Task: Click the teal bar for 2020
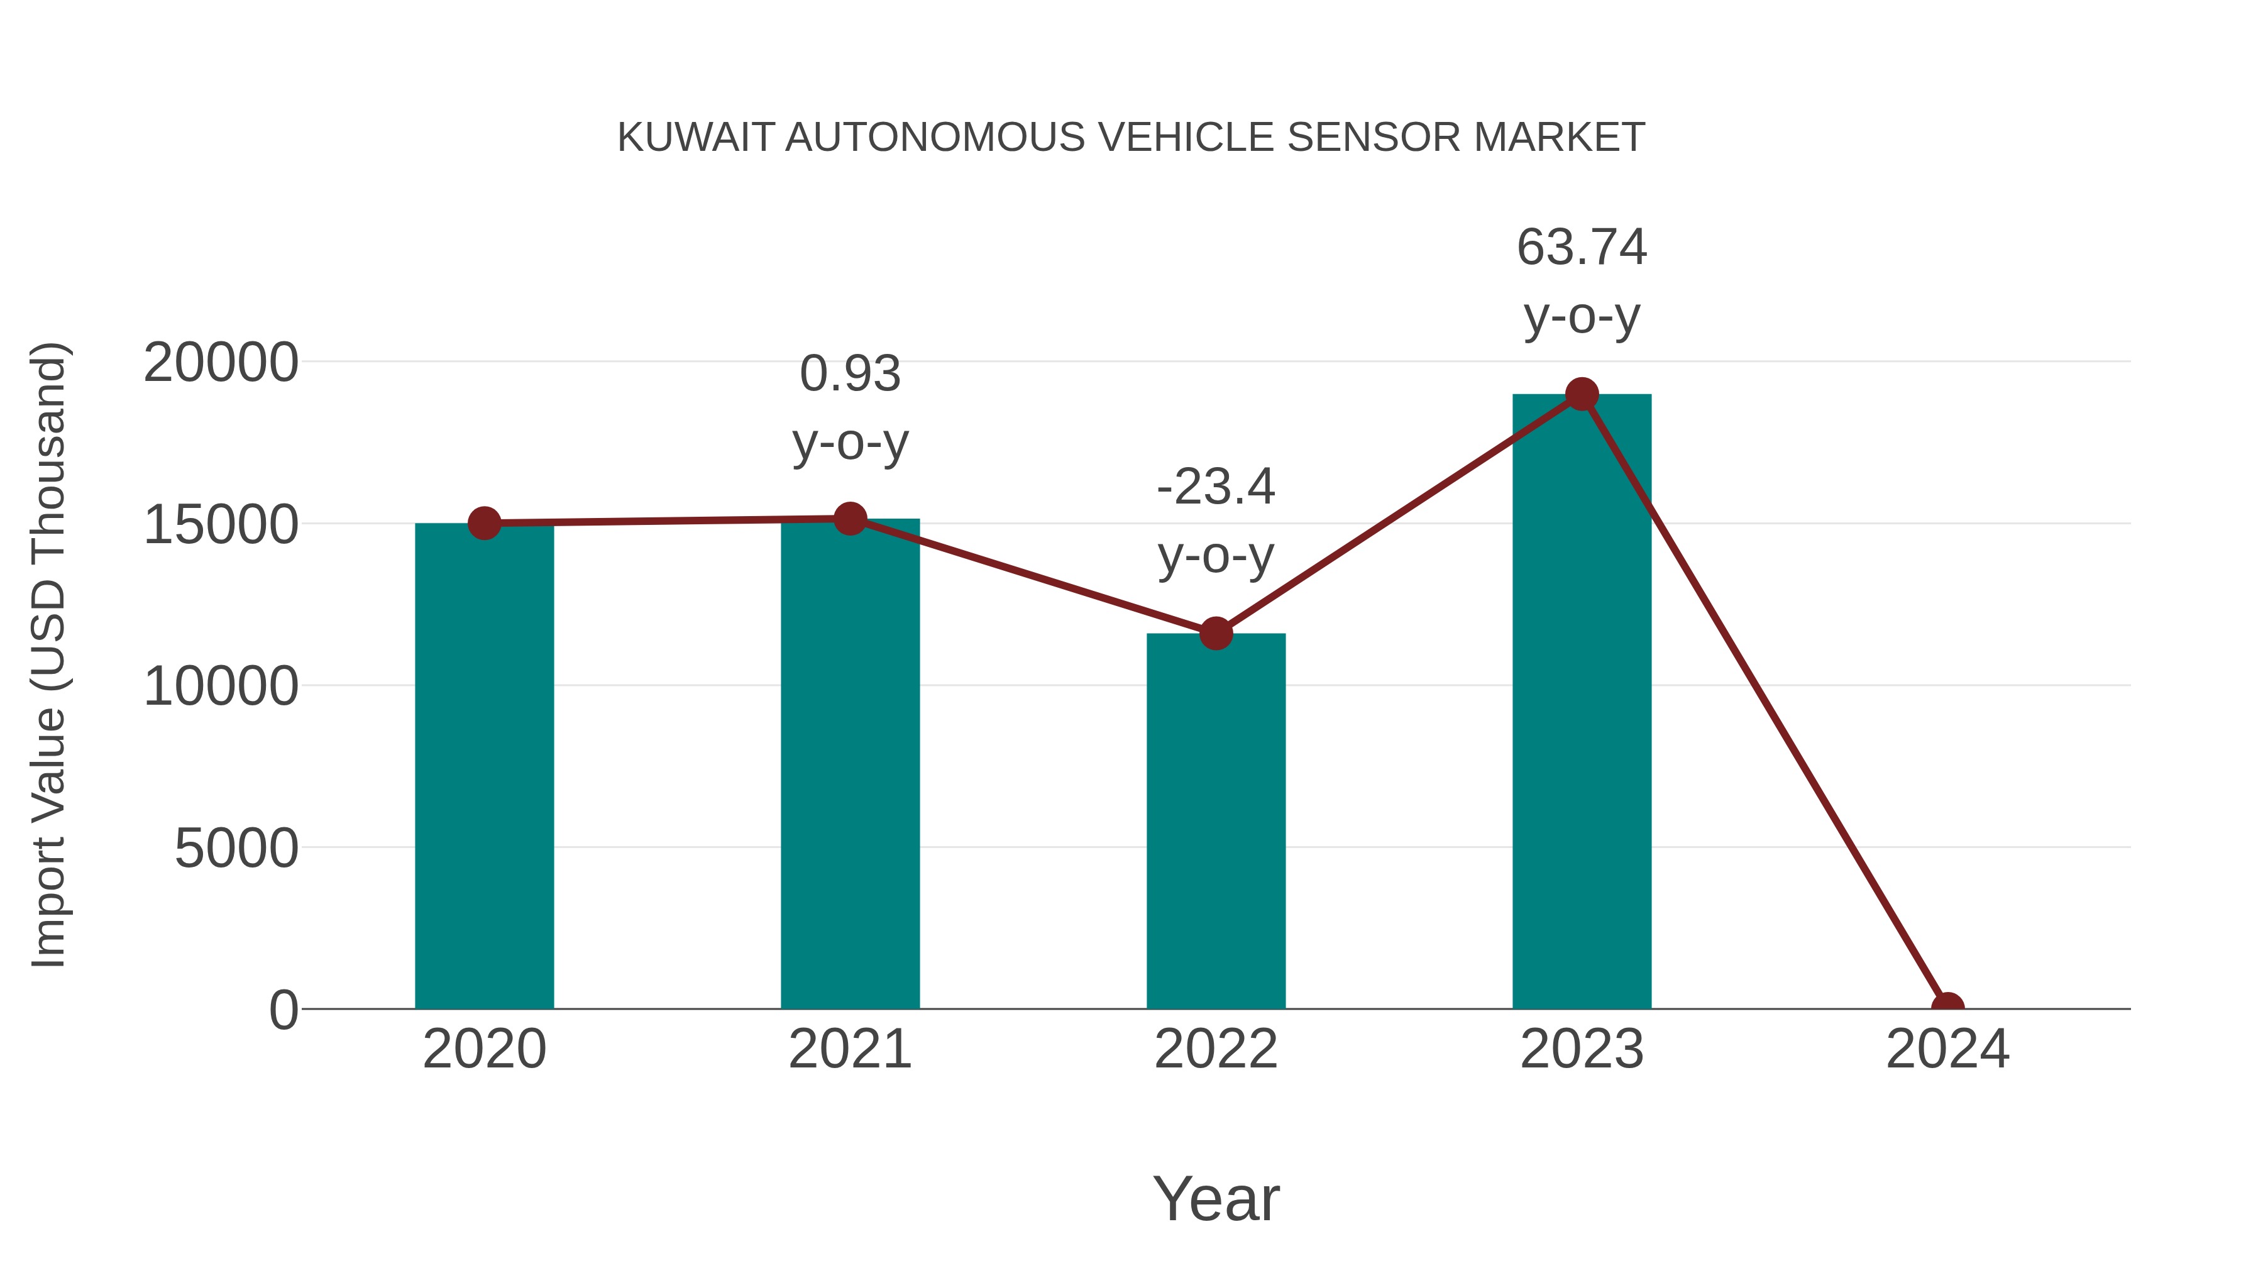[484, 766]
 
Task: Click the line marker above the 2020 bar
[484, 524]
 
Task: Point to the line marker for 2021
[849, 519]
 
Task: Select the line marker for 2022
[1216, 634]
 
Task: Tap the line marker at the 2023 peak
[1582, 394]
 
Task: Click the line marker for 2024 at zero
[1947, 1007]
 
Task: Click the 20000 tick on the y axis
[221, 363]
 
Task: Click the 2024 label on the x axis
[1947, 1049]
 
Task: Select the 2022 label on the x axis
[1216, 1049]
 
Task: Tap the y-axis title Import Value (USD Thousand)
[48, 654]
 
